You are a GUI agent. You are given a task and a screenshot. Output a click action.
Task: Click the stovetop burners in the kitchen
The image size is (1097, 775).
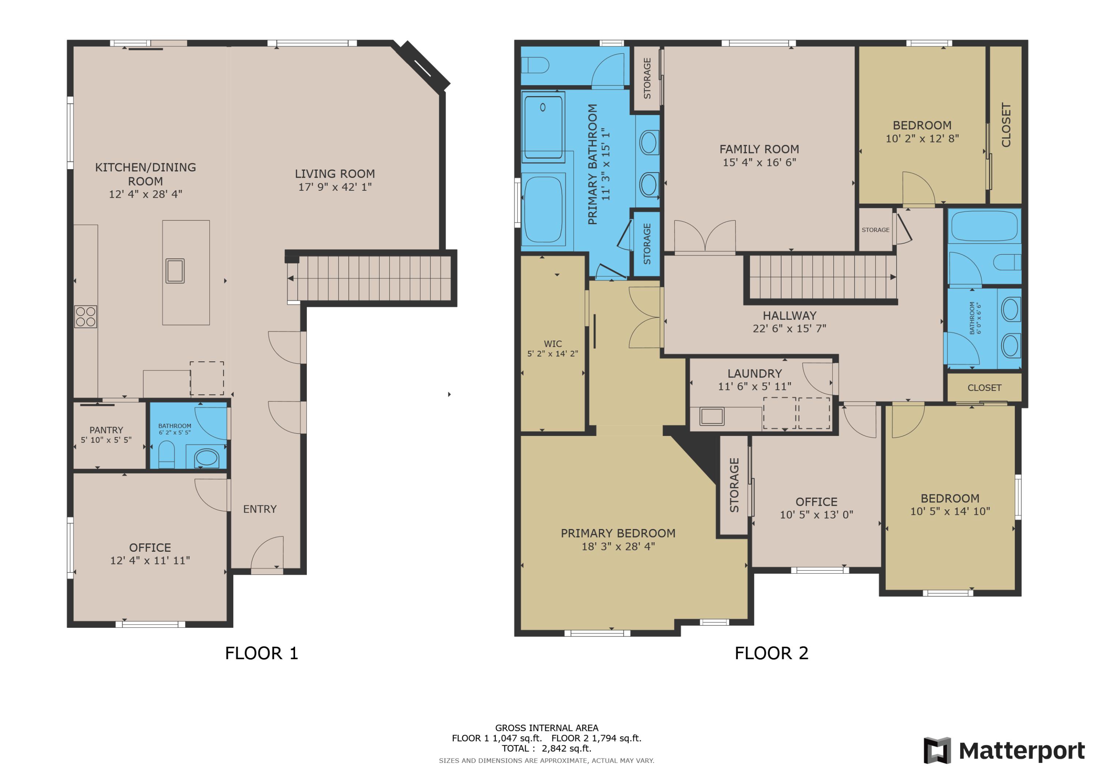pyautogui.click(x=86, y=316)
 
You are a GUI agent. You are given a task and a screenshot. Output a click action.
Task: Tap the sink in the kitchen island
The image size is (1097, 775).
pyautogui.click(x=175, y=271)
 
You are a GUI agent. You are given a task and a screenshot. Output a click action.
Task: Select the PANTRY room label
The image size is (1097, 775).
pyautogui.click(x=106, y=430)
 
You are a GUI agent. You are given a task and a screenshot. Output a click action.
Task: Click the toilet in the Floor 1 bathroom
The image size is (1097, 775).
pyautogui.click(x=166, y=454)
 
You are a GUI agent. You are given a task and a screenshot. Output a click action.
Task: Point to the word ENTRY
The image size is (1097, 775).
pyautogui.click(x=259, y=509)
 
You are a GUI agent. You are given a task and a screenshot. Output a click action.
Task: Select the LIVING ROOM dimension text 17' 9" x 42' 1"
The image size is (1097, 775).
pyautogui.click(x=335, y=187)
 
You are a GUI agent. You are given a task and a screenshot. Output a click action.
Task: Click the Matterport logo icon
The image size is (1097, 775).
pyautogui.click(x=937, y=751)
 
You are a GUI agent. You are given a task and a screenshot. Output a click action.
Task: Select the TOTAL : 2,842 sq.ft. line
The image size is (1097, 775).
pyautogui.click(x=546, y=748)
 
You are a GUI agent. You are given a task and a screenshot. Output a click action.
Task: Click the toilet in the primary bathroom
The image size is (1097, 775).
pyautogui.click(x=535, y=65)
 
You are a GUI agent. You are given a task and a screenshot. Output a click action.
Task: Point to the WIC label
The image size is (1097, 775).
pyautogui.click(x=553, y=344)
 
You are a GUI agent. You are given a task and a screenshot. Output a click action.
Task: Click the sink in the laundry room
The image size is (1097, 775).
pyautogui.click(x=712, y=416)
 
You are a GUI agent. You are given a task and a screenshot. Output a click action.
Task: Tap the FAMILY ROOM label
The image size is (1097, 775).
pyautogui.click(x=759, y=149)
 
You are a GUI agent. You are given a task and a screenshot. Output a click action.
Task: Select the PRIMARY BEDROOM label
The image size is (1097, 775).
pyautogui.click(x=618, y=533)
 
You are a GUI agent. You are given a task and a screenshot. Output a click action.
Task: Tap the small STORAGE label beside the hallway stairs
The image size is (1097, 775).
pyautogui.click(x=875, y=230)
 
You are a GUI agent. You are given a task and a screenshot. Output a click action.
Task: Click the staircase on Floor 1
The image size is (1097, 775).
pyautogui.click(x=370, y=278)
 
